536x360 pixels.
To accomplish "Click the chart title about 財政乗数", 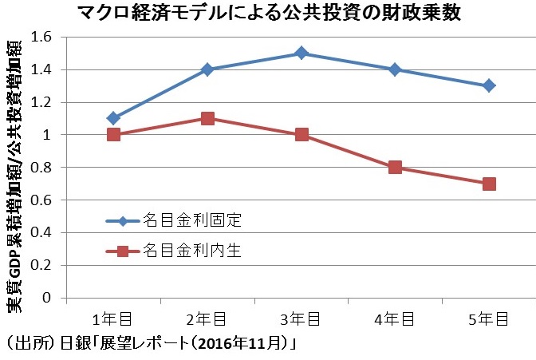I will tap(269, 14).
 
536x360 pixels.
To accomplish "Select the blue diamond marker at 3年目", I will tap(301, 53).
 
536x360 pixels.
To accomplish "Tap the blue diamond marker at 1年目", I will tap(113, 118).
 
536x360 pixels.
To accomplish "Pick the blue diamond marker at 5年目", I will tap(489, 85).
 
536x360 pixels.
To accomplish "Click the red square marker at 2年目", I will tap(207, 118).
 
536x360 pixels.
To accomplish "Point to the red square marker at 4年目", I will tap(395, 167).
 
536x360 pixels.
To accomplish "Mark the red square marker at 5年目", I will tap(489, 184).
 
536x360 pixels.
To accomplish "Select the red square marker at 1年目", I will tap(113, 134).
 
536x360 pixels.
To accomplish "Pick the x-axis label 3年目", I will tap(301, 319).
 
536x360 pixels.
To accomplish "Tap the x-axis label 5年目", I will tap(489, 319).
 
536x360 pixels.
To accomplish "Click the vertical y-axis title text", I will tap(14, 168).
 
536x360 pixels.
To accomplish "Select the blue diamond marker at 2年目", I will tap(207, 69).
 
